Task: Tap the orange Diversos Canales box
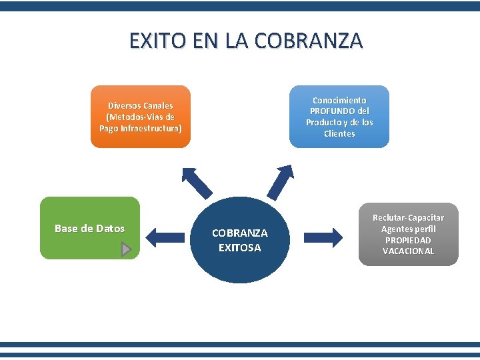[140, 116]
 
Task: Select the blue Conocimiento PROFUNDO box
[339, 116]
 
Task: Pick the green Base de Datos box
[89, 228]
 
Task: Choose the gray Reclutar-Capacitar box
[408, 234]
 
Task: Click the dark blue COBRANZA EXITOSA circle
[239, 240]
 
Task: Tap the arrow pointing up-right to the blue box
[281, 181]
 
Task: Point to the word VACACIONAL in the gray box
[408, 251]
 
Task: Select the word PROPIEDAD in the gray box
[408, 240]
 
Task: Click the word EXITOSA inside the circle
[239, 247]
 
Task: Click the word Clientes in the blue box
[339, 133]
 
